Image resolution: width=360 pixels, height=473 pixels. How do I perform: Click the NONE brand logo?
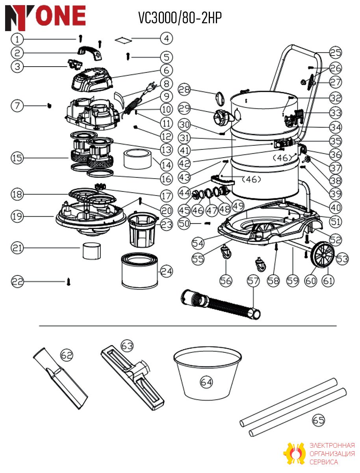point(45,18)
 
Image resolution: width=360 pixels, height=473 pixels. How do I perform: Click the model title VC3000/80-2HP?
point(180,18)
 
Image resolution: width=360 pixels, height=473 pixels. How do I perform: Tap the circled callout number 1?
point(17,39)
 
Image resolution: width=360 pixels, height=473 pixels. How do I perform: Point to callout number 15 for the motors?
point(17,158)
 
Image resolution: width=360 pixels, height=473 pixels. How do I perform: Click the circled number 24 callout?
point(167,271)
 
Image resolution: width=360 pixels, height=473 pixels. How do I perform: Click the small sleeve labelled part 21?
point(92,251)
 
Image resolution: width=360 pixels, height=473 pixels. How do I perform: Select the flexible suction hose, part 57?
point(221,305)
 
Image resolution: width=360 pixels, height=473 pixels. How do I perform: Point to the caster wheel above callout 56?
point(226,252)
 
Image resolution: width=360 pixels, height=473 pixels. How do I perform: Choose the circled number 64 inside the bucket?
point(206,382)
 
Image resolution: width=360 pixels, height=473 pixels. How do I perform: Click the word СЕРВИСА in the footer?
point(324,462)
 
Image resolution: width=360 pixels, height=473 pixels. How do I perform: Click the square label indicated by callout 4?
point(123,40)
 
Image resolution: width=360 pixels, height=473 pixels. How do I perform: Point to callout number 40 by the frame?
point(336,208)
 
